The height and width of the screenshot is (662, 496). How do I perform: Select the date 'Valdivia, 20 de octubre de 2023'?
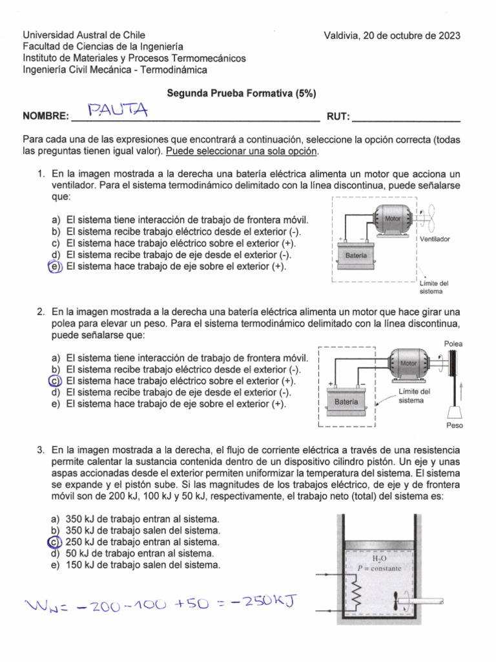[392, 36]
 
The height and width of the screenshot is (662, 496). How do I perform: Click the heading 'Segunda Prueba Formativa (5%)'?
[242, 93]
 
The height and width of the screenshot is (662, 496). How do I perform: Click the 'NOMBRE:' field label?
[45, 116]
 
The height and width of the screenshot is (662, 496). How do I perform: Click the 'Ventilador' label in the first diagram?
[435, 239]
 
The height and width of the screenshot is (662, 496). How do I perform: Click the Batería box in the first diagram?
[356, 256]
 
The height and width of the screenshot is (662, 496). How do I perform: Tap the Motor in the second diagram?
[409, 365]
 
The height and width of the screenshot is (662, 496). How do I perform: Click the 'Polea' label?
[454, 344]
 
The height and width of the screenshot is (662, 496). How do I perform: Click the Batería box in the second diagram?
[345, 402]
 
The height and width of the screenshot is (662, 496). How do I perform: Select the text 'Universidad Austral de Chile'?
[84, 35]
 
